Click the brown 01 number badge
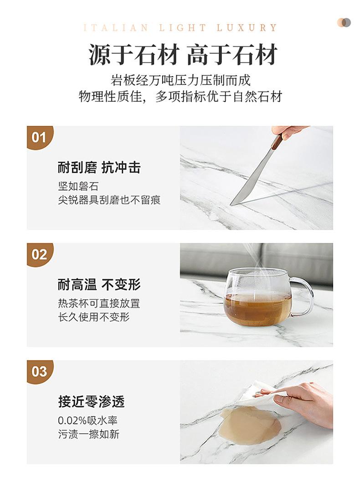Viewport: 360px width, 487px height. click(39, 137)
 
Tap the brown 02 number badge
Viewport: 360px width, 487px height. click(39, 254)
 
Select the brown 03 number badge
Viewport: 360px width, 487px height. click(39, 372)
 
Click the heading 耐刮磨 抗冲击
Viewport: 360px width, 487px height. click(99, 167)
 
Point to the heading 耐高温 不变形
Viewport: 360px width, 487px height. click(99, 285)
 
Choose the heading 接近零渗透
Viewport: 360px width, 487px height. click(91, 402)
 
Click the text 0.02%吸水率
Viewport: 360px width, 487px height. click(88, 420)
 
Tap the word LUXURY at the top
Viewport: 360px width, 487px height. click(247, 28)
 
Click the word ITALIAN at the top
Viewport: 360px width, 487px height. click(116, 28)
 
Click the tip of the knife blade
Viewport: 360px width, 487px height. click(231, 204)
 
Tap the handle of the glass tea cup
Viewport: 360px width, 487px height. click(304, 296)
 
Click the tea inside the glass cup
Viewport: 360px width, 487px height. click(257, 309)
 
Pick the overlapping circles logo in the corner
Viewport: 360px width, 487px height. click(344, 22)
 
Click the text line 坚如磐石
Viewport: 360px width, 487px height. click(78, 187)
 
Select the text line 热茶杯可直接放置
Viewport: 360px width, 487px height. click(99, 303)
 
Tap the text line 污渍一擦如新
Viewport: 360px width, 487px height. click(89, 434)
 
